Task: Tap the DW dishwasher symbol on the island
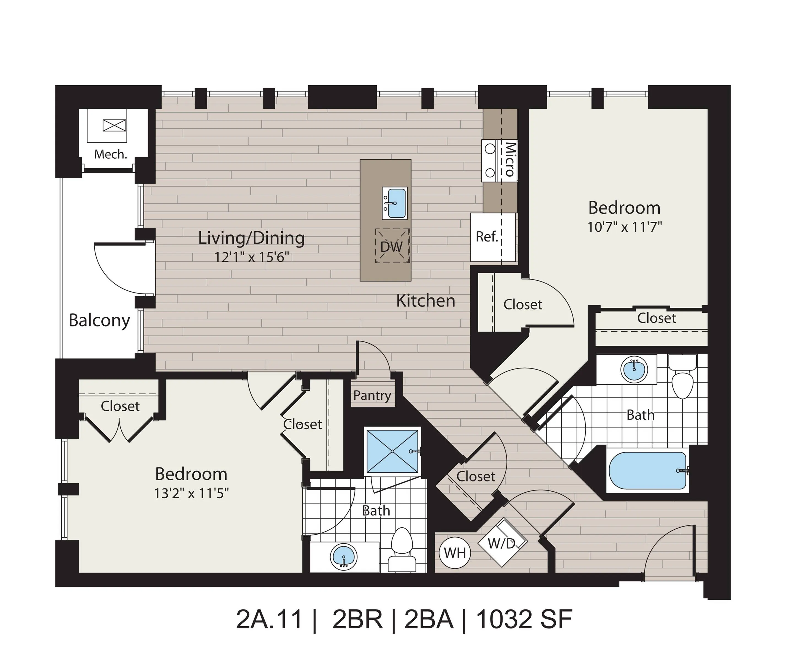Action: (392, 246)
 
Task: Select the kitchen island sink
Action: (394, 203)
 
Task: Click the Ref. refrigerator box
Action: (487, 237)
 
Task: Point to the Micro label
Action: (510, 159)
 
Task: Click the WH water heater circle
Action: (455, 553)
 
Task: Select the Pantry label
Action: (372, 395)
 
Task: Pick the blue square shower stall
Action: (392, 451)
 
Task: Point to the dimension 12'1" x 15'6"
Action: (251, 257)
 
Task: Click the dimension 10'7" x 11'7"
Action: (624, 227)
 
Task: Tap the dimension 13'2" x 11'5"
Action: (191, 493)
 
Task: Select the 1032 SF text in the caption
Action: (524, 619)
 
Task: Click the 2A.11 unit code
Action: (269, 619)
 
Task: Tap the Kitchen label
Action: (426, 301)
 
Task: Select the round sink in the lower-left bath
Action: (343, 557)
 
